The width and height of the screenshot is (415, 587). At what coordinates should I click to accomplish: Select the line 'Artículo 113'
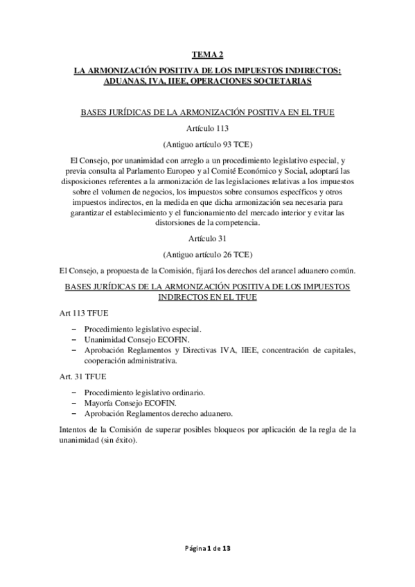[x=207, y=129]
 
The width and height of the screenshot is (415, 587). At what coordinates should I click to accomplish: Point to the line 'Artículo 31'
[x=207, y=237]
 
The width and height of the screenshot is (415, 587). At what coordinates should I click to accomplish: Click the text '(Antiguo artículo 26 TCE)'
[x=207, y=253]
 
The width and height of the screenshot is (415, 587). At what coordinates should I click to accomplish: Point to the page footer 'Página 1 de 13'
[x=207, y=548]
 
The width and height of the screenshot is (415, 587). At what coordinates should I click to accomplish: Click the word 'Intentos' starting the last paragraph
[x=74, y=429]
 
